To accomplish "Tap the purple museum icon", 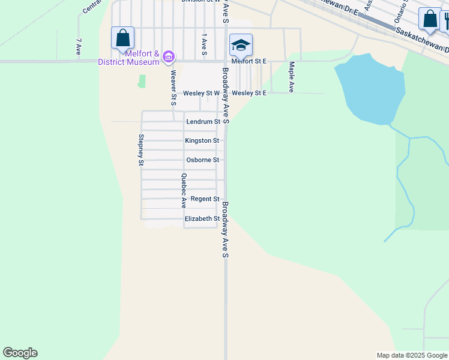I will click(169, 57).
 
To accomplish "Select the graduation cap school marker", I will click(241, 45).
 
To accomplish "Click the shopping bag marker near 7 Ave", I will click(122, 38).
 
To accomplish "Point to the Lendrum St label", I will click(199, 121).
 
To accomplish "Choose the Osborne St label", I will click(202, 160).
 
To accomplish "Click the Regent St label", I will click(205, 199).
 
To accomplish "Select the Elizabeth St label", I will click(202, 219).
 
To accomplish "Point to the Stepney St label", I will click(141, 149).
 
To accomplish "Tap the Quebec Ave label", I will click(184, 191).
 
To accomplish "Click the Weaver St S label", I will click(173, 88).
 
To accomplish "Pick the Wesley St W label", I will click(202, 93).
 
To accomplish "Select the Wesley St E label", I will click(249, 93).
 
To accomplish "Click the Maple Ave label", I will click(291, 77).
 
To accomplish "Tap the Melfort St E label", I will click(249, 61).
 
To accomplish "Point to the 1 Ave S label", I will click(204, 45).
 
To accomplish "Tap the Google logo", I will click(20, 353).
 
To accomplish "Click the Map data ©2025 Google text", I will click(411, 355).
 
